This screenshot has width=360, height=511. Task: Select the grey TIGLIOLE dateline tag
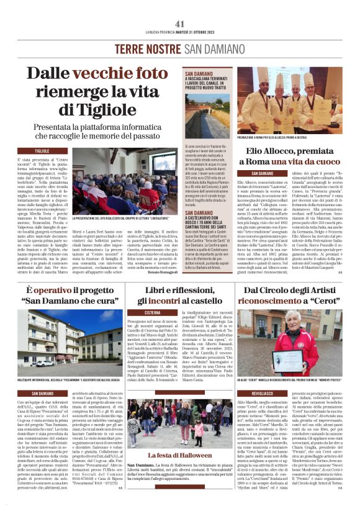42,150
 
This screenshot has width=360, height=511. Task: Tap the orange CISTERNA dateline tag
153,313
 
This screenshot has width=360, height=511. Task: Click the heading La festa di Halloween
180,456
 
